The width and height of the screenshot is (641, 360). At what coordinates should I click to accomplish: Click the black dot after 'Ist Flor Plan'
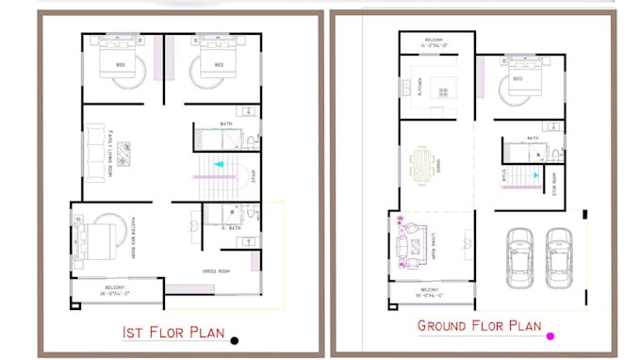(235, 340)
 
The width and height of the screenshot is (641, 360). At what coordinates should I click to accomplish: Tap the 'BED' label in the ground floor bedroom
(518, 79)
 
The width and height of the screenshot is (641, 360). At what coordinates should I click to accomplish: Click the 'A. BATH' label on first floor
(230, 227)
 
